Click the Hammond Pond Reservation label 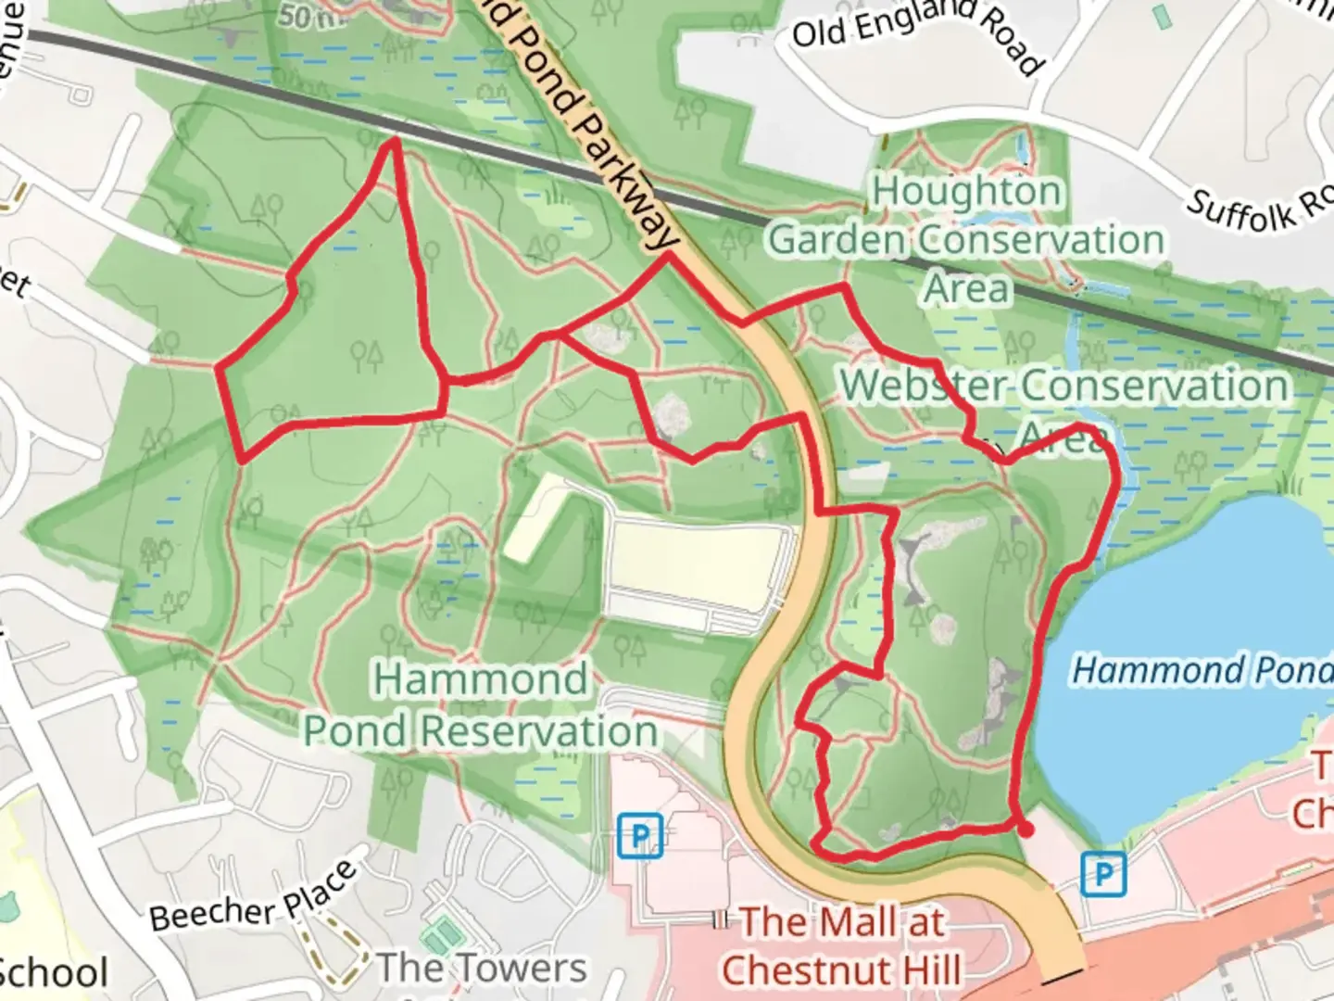(x=481, y=704)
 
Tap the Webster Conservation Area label (x=1063, y=408)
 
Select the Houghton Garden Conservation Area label (x=966, y=239)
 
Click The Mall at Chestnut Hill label (x=841, y=945)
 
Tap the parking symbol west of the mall (x=640, y=835)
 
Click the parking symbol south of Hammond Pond (x=1103, y=874)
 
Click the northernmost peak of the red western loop (x=395, y=140)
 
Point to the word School (x=54, y=972)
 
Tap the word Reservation (x=539, y=731)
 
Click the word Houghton (x=966, y=191)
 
